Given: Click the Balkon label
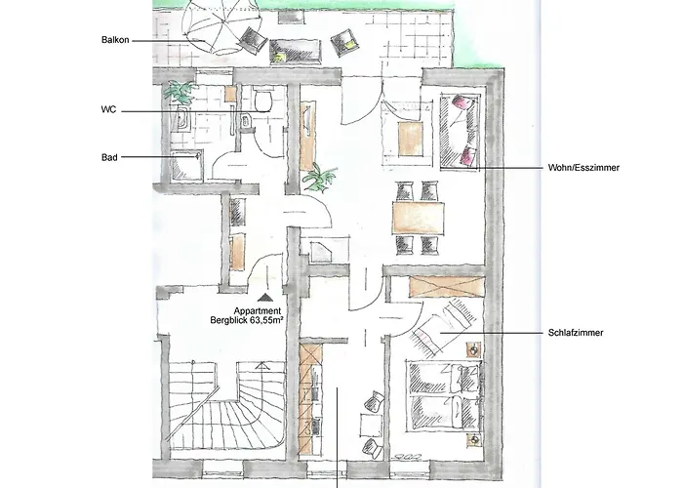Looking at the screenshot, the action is point(115,40).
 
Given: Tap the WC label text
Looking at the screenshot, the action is point(108,109).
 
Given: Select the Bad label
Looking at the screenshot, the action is point(109,157).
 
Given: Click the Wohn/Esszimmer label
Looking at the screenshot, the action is point(583,168).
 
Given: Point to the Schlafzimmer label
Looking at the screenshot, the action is point(576,333).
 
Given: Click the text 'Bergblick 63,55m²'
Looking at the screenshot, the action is point(248,321).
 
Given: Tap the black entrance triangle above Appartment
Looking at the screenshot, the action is point(264,298).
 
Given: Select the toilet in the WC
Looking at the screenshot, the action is point(263,101).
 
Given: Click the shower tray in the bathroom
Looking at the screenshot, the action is point(187,166).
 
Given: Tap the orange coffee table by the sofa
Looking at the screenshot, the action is point(411,139).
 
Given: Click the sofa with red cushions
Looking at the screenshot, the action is point(459,131).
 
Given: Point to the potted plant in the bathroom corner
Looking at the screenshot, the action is point(180,92).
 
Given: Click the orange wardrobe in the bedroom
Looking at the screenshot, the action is point(446,287).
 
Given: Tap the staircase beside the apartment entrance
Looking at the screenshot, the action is point(226,407).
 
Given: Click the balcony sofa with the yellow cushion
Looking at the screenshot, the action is point(296,52).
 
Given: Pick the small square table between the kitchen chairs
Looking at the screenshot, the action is point(371,426).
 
